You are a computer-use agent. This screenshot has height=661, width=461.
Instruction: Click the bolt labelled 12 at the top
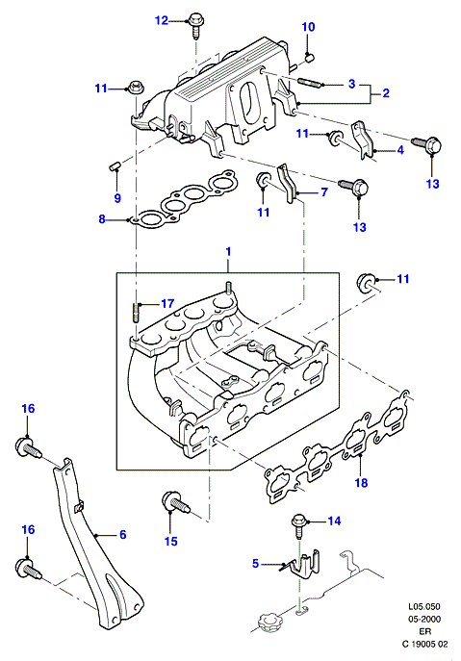click(194, 25)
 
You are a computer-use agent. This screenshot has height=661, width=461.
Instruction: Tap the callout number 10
click(308, 27)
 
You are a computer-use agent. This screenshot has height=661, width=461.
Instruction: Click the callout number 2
click(386, 92)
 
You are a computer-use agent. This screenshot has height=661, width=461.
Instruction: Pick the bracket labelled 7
click(288, 184)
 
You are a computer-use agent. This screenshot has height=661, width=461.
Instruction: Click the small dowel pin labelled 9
click(114, 165)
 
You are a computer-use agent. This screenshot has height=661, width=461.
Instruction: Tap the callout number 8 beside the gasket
click(102, 219)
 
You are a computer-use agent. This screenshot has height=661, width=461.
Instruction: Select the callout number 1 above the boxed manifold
click(228, 252)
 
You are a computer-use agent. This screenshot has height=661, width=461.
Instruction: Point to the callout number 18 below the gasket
click(362, 483)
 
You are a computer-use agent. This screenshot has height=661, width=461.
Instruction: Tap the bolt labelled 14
click(298, 525)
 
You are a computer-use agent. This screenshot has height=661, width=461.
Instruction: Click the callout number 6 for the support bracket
click(123, 535)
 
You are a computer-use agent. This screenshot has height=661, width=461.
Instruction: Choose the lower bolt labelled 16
click(29, 569)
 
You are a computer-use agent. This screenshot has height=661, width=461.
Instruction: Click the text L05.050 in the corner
click(423, 606)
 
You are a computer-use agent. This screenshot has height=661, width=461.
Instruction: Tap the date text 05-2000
click(423, 619)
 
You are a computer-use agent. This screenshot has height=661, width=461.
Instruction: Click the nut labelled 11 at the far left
click(134, 87)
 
